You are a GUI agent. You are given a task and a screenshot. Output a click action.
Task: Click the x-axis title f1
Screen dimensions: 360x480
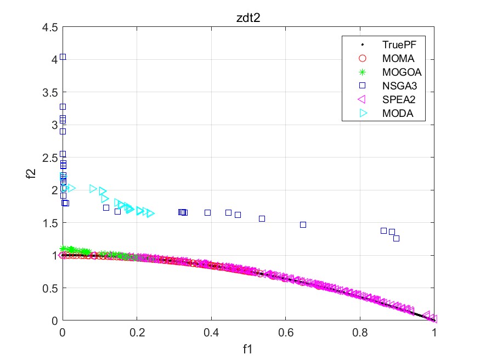pyautogui.click(x=248, y=348)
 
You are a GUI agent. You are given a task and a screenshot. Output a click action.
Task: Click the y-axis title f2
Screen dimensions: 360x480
pyautogui.click(x=31, y=174)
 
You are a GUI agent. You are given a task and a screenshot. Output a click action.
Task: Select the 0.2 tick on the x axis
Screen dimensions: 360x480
pyautogui.click(x=137, y=332)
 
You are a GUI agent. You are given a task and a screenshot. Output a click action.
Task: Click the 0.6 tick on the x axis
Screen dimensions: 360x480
pyautogui.click(x=285, y=332)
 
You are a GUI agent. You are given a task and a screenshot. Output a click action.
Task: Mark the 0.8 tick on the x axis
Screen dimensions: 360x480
pyautogui.click(x=360, y=332)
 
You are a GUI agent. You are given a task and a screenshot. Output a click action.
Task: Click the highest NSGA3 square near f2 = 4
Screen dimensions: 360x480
pyautogui.click(x=63, y=57)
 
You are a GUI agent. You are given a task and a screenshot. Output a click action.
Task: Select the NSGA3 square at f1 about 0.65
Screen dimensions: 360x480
pyautogui.click(x=303, y=224)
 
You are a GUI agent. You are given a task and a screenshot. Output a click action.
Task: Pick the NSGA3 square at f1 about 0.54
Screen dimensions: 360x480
pyautogui.click(x=262, y=218)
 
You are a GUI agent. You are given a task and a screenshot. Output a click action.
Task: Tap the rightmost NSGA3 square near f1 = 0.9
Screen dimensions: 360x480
pyautogui.click(x=396, y=238)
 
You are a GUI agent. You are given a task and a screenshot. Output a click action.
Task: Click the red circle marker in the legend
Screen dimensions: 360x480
pyautogui.click(x=362, y=58)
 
